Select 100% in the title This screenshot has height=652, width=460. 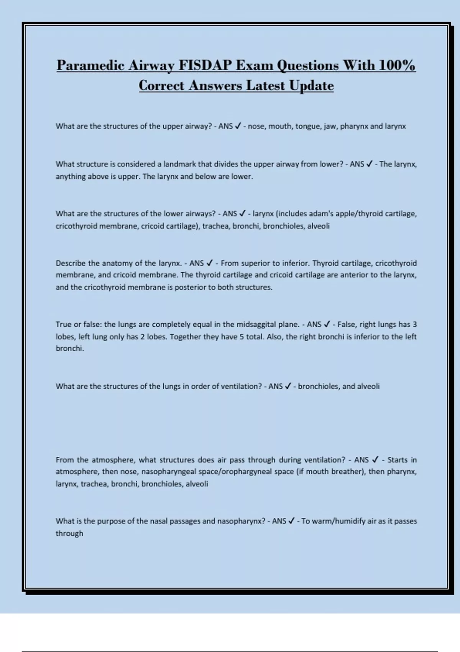(397, 66)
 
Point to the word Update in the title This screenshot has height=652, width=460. (311, 86)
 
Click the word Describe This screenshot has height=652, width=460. (71, 263)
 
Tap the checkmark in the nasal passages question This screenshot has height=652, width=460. (291, 521)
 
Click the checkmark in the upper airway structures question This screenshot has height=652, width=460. (238, 126)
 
